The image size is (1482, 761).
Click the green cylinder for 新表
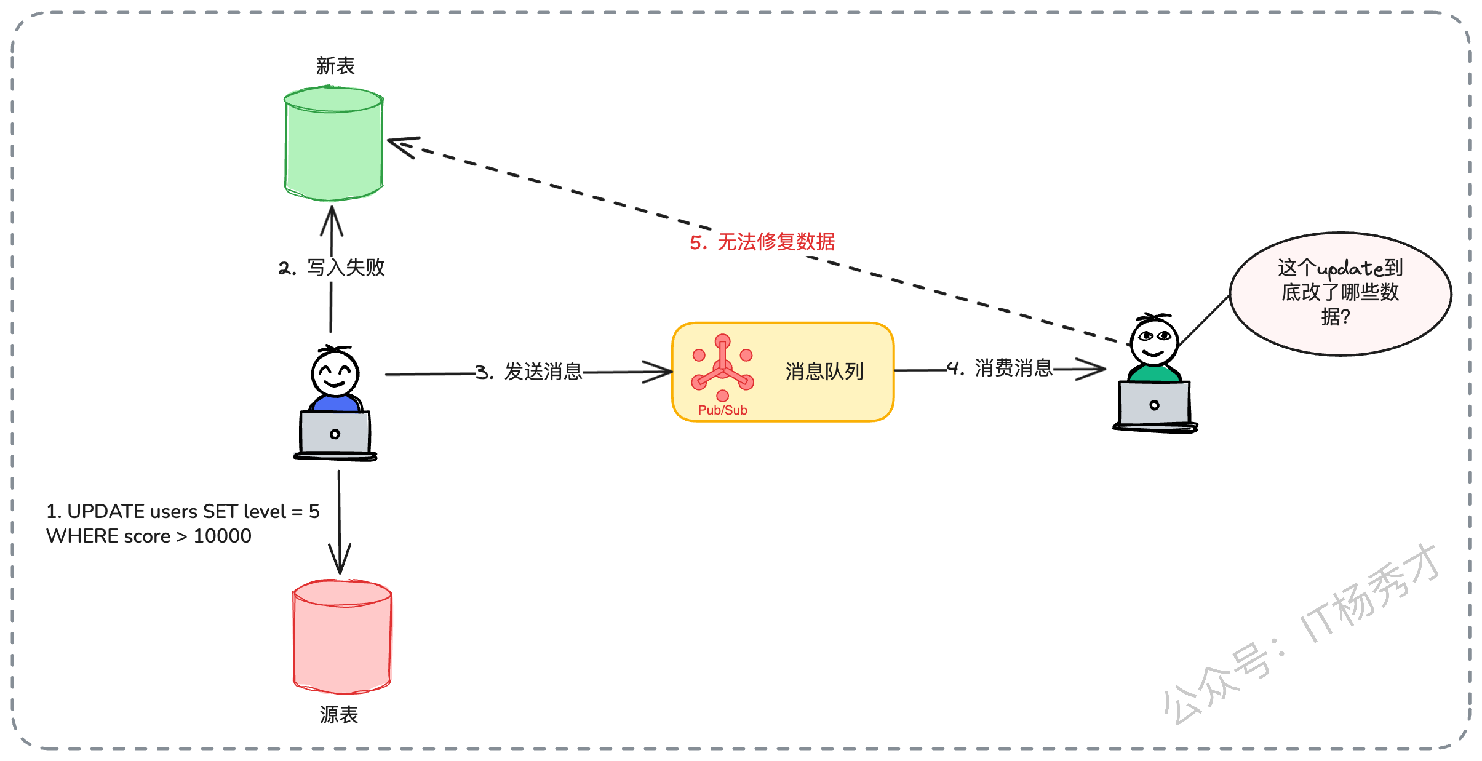point(333,143)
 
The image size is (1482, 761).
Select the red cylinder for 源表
point(342,637)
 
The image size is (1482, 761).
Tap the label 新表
point(335,66)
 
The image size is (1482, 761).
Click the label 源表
point(338,714)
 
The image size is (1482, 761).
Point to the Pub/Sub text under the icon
point(722,410)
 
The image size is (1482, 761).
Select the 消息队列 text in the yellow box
point(824,372)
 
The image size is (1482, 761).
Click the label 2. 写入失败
point(332,268)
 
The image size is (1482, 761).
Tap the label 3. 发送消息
point(529,372)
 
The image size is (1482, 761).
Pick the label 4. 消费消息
point(1000,368)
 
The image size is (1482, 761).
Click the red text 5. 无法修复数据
point(762,242)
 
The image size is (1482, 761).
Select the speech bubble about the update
point(1341,293)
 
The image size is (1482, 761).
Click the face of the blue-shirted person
point(335,373)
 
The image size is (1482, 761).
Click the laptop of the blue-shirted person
point(335,435)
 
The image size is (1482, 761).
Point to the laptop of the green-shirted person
point(1155,406)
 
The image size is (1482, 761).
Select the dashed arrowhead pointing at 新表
point(403,146)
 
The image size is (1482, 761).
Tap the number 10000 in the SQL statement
point(222,536)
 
